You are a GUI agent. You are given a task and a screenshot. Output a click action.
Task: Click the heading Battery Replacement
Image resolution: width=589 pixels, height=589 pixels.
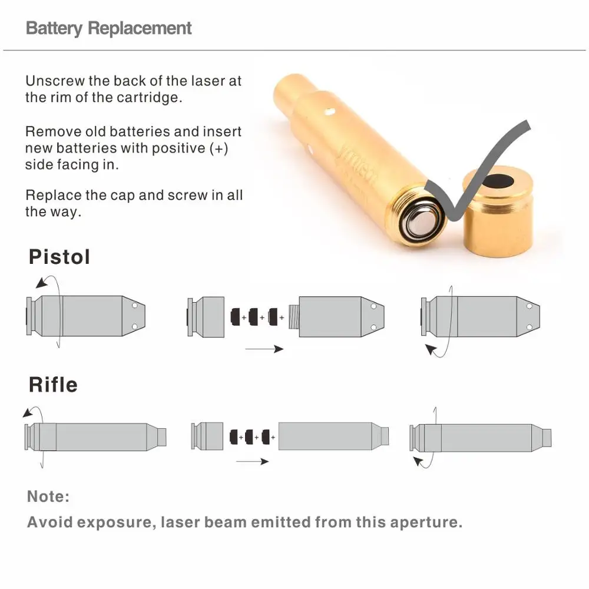tap(109, 28)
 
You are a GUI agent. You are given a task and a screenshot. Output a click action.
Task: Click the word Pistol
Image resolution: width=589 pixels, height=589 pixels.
tap(59, 257)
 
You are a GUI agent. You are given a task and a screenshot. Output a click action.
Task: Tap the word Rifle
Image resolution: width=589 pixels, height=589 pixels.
tap(53, 385)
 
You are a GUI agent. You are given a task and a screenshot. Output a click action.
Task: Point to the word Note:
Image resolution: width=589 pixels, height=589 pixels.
tap(48, 497)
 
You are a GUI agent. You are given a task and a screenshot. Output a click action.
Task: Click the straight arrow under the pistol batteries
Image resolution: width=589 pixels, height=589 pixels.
tap(264, 349)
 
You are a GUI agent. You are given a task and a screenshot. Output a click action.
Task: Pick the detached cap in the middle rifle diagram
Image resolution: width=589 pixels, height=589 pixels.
tap(207, 436)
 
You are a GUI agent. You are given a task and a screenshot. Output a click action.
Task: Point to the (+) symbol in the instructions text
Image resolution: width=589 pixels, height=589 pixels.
tap(219, 148)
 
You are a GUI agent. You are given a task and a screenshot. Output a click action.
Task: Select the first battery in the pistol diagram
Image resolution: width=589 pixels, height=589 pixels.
tap(236, 317)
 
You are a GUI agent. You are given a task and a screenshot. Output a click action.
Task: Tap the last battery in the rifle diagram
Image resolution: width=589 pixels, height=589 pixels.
tap(268, 437)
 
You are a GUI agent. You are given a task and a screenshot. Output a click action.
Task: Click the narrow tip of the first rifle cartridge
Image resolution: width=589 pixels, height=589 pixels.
tap(161, 437)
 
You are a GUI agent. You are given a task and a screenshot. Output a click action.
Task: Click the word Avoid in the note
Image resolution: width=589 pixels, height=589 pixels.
tap(49, 522)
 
